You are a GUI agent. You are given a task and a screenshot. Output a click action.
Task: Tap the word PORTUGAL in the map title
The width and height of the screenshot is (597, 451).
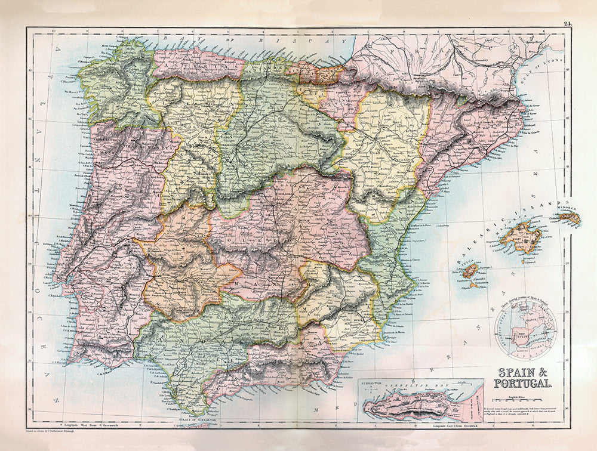point(523,382)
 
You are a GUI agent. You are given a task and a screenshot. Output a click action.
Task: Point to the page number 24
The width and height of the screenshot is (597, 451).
point(567,24)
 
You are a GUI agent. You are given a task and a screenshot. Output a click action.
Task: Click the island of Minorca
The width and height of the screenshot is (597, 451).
point(569,218)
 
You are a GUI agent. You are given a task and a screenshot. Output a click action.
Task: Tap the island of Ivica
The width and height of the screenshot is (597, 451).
point(470,271)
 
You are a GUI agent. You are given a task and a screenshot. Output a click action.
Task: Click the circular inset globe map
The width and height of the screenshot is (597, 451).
point(525,329)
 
